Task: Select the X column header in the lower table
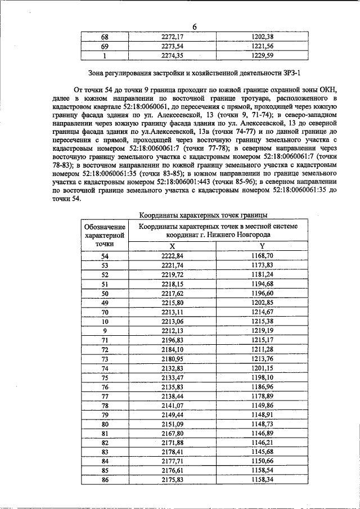coord(172,246)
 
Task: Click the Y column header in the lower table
coord(262,246)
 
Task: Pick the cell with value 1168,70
coord(262,255)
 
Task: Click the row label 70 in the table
coord(105,312)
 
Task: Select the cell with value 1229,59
coord(262,56)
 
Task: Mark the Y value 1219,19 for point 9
coord(262,330)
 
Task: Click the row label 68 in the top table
coord(105,37)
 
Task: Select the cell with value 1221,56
coord(262,46)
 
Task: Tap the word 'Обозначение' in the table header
coord(105,226)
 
